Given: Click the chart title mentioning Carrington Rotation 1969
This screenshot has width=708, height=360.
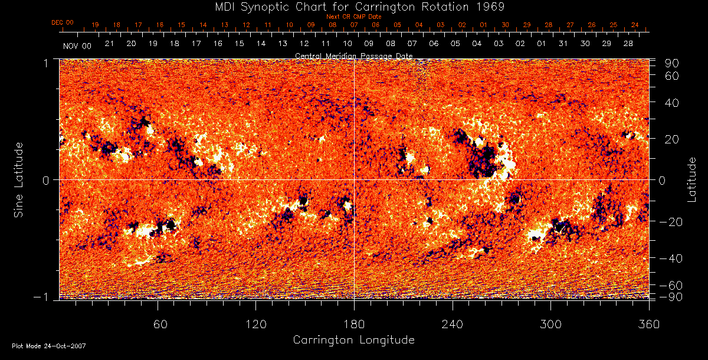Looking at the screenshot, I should coord(354,6).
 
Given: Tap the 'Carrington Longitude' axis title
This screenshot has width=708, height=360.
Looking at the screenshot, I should coord(353,340).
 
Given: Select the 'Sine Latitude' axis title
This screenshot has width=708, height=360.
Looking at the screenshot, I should coord(19,179).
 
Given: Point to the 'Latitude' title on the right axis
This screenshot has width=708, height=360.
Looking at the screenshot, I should coord(691,179).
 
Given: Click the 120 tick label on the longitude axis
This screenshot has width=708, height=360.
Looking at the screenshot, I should coord(255,324).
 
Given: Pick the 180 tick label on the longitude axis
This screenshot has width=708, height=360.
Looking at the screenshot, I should coord(354,324).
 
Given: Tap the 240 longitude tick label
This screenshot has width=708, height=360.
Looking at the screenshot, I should coord(453,324).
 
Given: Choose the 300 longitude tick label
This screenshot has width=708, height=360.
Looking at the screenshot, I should coord(550,324).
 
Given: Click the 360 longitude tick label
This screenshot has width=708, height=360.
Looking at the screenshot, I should coord(649,324).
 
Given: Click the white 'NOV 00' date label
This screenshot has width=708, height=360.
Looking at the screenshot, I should coord(77,45).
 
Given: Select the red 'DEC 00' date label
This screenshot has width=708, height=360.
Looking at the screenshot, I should coord(63,22).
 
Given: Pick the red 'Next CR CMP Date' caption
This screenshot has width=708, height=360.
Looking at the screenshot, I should coord(354,17).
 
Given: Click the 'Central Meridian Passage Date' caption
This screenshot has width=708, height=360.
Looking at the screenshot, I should coord(354,55).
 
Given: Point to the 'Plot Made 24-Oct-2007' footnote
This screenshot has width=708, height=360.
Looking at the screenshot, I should coord(49,346).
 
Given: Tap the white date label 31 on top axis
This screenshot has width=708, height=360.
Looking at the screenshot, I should coord(563,44).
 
